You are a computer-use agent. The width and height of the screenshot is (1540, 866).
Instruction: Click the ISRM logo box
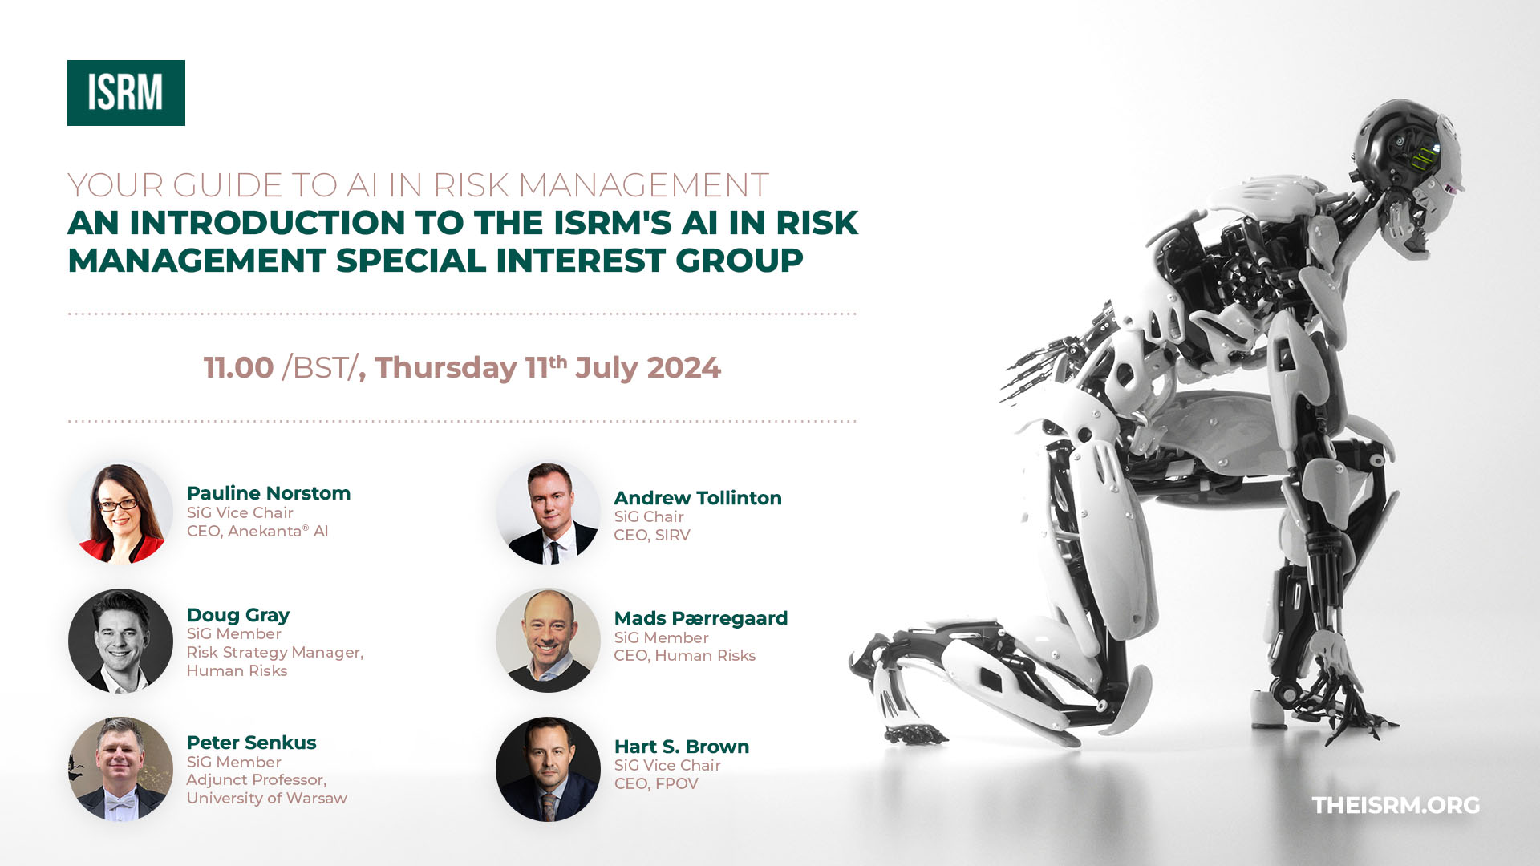(126, 93)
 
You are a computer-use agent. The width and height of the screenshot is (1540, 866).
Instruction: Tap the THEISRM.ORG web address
(1396, 805)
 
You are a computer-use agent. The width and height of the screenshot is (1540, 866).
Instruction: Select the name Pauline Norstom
(269, 493)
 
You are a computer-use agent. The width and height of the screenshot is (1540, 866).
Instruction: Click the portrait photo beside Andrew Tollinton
(548, 512)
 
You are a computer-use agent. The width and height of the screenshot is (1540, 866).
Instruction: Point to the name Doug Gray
(238, 615)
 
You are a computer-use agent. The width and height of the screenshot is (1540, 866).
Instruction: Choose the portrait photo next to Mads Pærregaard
(548, 641)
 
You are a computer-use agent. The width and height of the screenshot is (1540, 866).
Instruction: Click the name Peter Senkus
(252, 743)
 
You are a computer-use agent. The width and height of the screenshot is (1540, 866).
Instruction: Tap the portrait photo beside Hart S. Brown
(548, 769)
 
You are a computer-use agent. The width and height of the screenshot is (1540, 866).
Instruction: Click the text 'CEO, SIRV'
(652, 535)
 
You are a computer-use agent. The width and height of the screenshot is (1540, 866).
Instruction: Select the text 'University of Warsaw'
(267, 798)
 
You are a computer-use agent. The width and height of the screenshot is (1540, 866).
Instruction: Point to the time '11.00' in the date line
(239, 368)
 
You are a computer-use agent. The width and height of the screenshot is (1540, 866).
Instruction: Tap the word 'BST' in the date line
(319, 368)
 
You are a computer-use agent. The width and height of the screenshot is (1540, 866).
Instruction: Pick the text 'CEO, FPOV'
(656, 783)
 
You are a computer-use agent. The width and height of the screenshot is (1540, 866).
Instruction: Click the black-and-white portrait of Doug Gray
(120, 641)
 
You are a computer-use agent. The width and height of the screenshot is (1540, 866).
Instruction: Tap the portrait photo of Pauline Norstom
(120, 512)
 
